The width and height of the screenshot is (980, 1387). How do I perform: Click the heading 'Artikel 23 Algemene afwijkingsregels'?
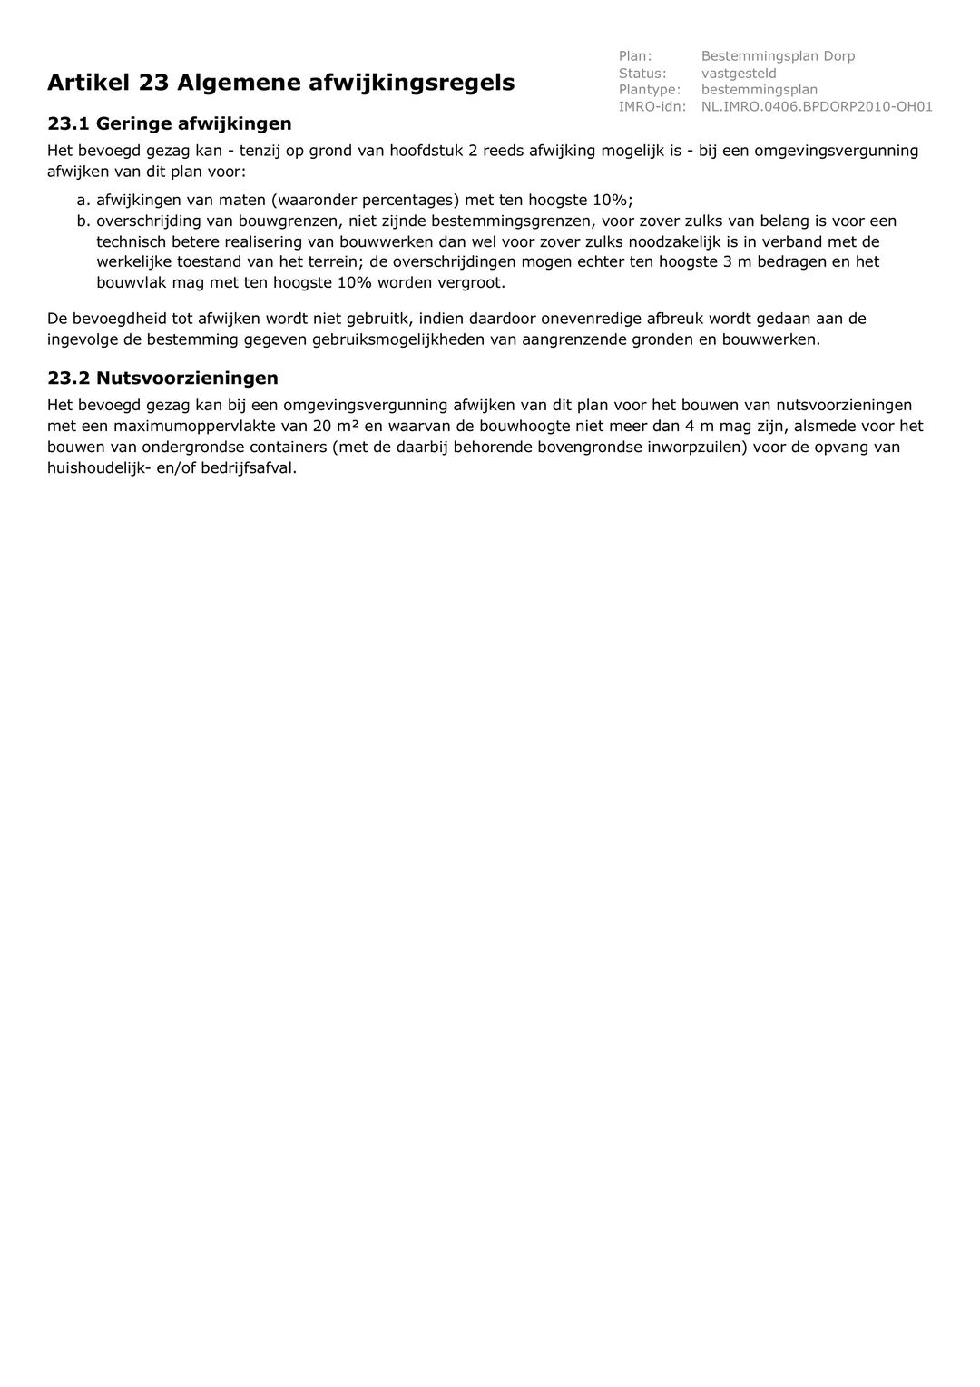[x=280, y=83]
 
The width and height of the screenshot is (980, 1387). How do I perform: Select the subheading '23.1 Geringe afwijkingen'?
[x=170, y=123]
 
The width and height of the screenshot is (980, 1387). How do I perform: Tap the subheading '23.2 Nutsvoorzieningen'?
[x=162, y=378]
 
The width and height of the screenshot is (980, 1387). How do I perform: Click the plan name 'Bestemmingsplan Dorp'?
[x=778, y=56]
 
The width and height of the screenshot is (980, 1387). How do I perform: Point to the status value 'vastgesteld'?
[x=739, y=73]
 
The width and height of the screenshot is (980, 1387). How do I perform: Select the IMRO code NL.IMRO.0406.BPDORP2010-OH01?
[x=817, y=106]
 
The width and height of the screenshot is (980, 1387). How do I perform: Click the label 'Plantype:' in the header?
[x=650, y=89]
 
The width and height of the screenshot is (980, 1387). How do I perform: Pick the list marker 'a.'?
[x=83, y=200]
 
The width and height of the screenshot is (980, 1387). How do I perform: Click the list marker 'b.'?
[x=83, y=221]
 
